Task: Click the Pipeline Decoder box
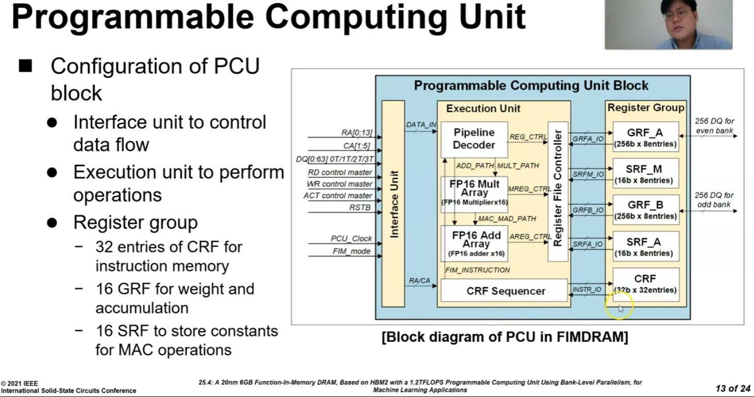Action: coord(474,139)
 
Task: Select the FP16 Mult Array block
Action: coord(474,192)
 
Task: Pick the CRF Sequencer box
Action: coord(505,291)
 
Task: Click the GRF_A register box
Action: coord(645,137)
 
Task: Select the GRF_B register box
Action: coord(645,210)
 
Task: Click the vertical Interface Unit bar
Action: coord(394,203)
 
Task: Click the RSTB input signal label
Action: coord(360,207)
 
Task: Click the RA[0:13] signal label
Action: coord(356,133)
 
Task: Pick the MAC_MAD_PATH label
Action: coord(506,219)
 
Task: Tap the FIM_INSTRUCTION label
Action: coord(477,270)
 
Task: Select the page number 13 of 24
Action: coord(732,388)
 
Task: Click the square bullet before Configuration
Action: coord(25,66)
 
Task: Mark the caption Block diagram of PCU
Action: coord(504,338)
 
